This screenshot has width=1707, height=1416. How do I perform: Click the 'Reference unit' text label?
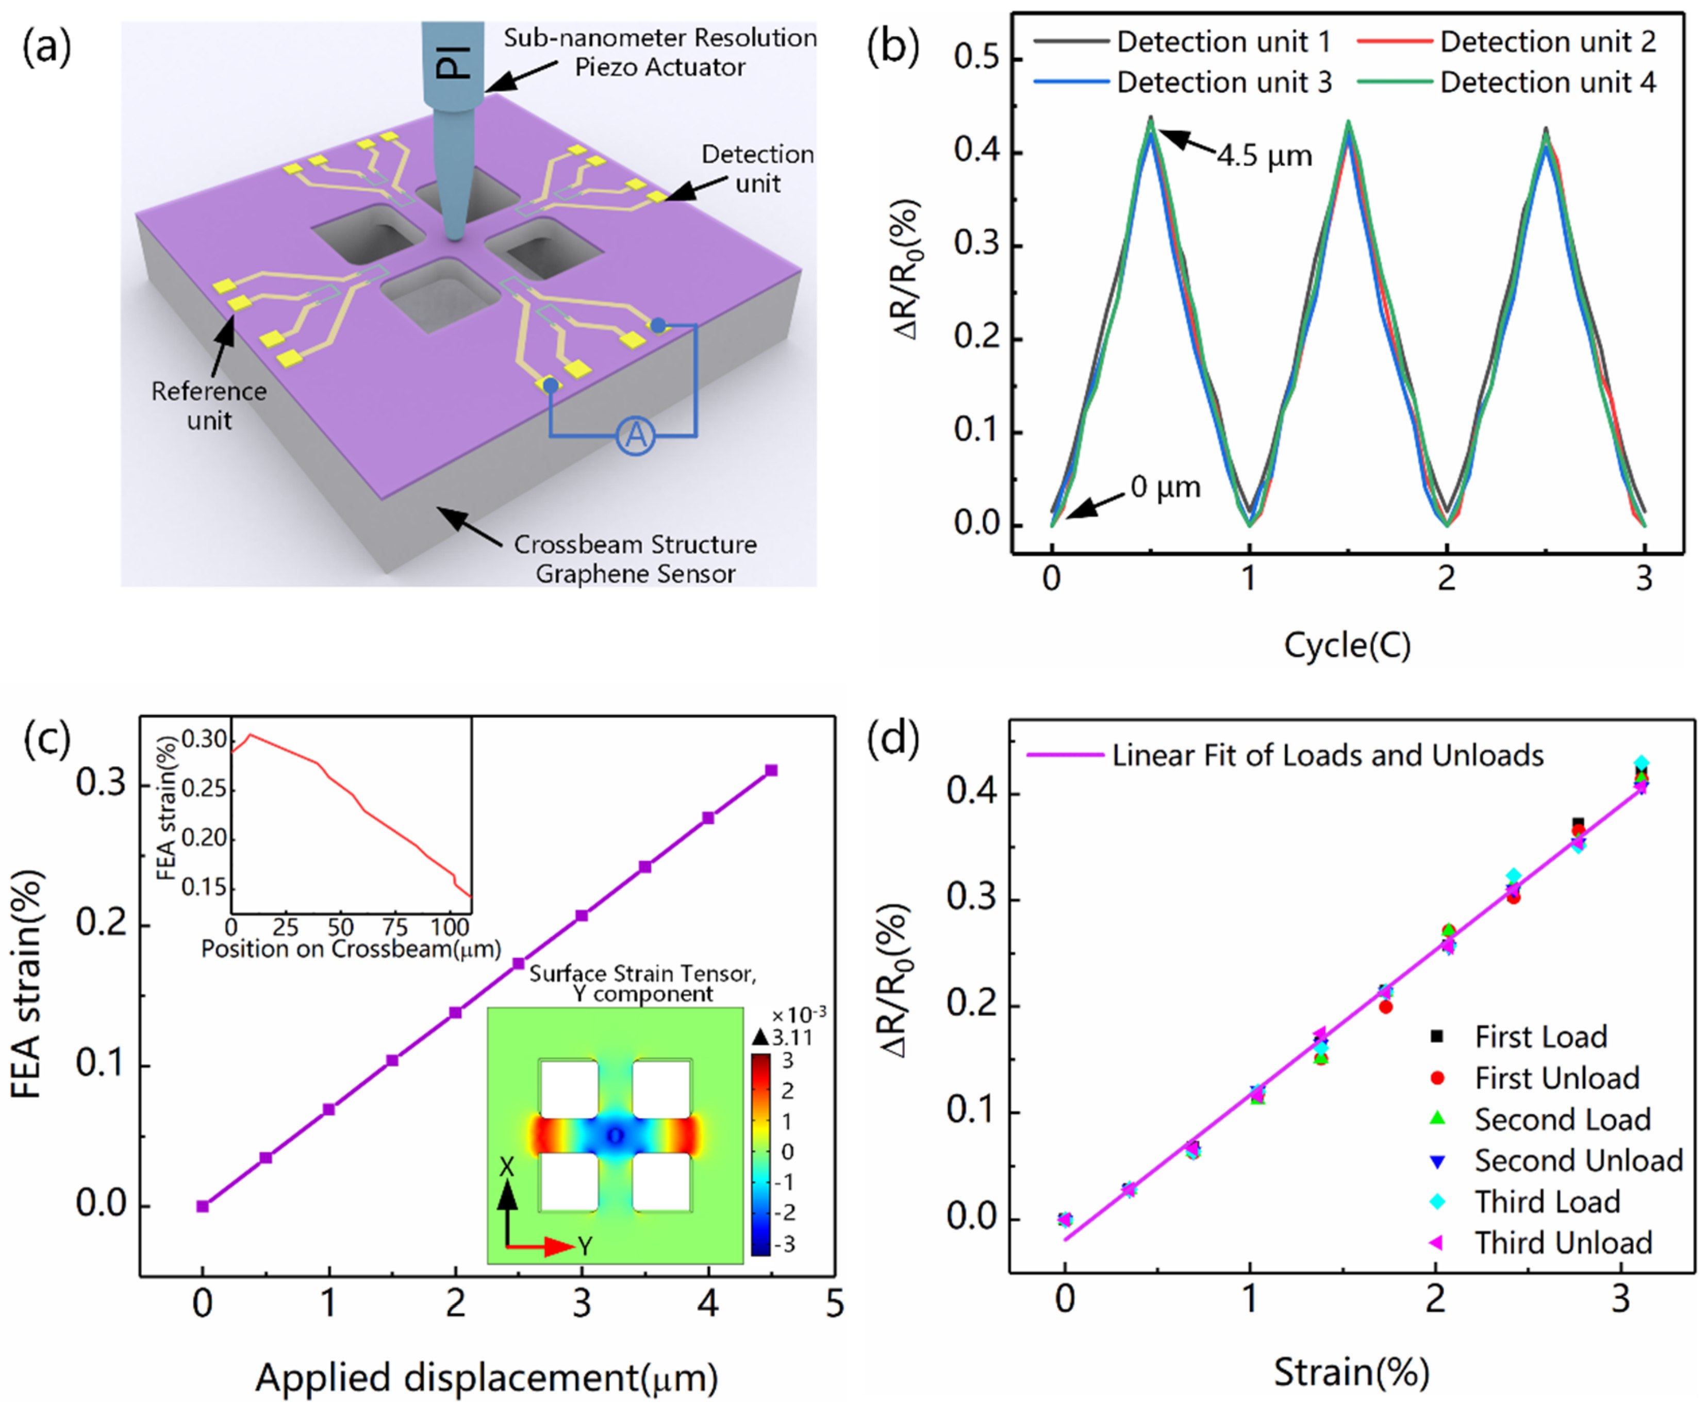(x=209, y=406)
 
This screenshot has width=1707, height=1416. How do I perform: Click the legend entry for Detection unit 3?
(x=1223, y=83)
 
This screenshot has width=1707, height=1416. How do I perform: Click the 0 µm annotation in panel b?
(x=1165, y=488)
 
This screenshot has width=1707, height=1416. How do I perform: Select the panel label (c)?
(x=47, y=739)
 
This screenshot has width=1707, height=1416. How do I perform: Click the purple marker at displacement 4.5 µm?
(x=771, y=770)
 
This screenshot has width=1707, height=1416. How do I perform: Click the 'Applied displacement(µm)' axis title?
(x=486, y=1377)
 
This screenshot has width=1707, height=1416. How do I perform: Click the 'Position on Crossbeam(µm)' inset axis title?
(x=351, y=948)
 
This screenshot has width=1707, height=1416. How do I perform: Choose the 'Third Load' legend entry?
(x=1547, y=1202)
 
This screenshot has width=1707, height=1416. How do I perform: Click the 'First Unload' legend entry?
(x=1556, y=1078)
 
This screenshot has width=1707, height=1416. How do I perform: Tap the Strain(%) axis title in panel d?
(x=1351, y=1372)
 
